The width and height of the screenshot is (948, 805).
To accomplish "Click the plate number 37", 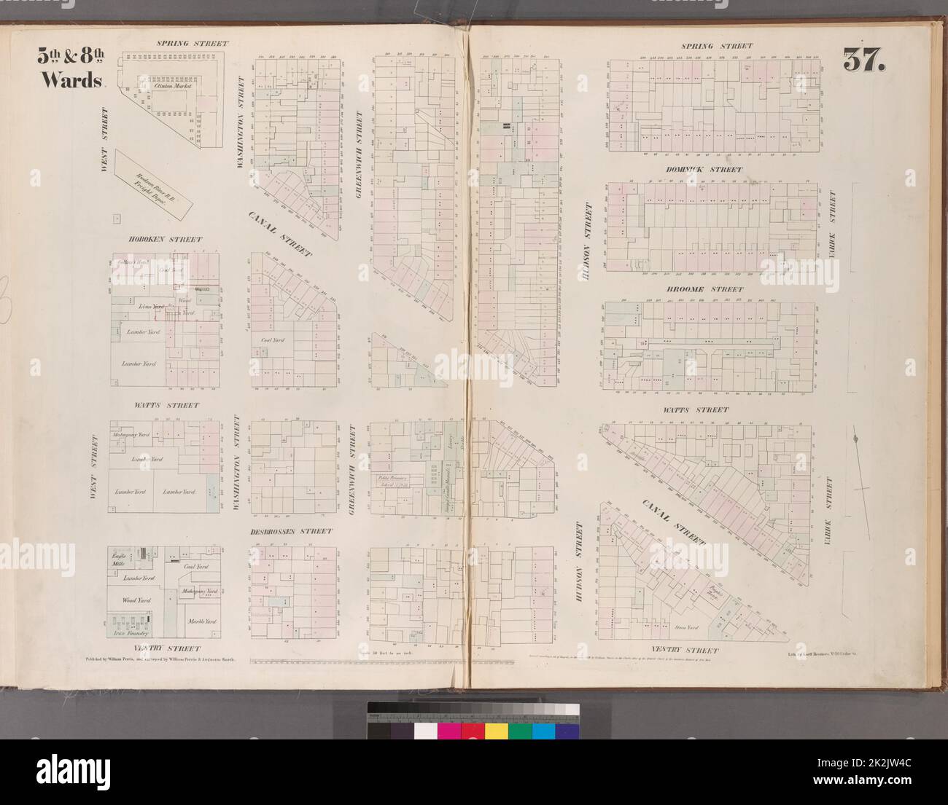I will coord(865,60).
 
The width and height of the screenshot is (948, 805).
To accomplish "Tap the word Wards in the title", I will coord(70,80).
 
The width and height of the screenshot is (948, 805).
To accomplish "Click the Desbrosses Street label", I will coord(295,532).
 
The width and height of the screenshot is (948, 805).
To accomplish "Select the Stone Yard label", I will coord(689,626).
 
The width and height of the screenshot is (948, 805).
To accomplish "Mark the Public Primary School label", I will coord(394,481).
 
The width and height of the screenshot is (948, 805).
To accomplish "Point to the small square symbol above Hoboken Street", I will coord(116,217).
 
